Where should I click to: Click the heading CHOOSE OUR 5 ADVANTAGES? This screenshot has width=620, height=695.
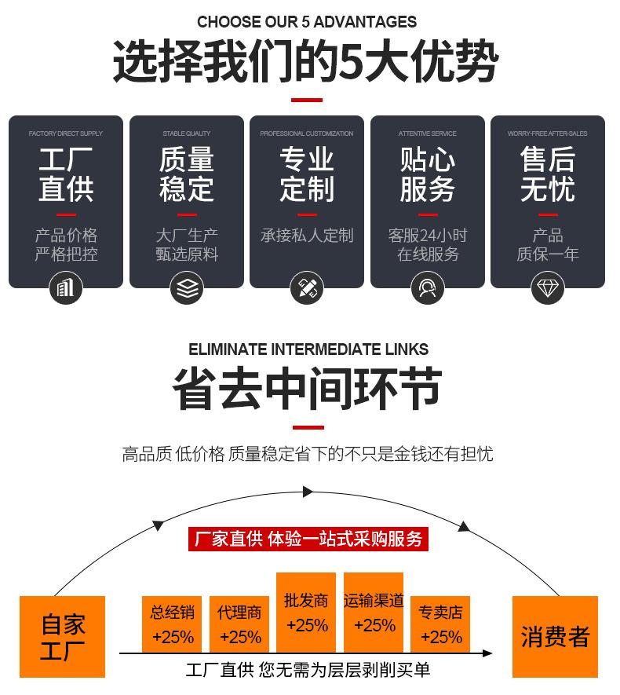pyautogui.click(x=307, y=22)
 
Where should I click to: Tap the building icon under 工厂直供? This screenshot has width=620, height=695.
pyautogui.click(x=66, y=288)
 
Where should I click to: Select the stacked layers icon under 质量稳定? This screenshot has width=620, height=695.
pyautogui.click(x=187, y=288)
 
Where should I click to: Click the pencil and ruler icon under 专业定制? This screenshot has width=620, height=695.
pyautogui.click(x=307, y=288)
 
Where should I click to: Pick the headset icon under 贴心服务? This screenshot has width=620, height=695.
pyautogui.click(x=428, y=288)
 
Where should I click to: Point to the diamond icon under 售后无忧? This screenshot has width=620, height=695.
pyautogui.click(x=548, y=288)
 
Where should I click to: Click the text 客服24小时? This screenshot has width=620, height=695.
pyautogui.click(x=428, y=235)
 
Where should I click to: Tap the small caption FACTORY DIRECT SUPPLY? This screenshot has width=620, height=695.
pyautogui.click(x=66, y=134)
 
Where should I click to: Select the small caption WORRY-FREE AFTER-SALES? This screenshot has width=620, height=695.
pyautogui.click(x=548, y=134)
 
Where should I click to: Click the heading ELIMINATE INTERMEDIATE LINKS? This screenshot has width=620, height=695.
pyautogui.click(x=308, y=349)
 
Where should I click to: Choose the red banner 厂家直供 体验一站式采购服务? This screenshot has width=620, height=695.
pyautogui.click(x=308, y=539)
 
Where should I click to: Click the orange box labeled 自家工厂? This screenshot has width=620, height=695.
pyautogui.click(x=63, y=637)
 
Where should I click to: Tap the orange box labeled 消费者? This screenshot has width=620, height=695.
pyautogui.click(x=555, y=637)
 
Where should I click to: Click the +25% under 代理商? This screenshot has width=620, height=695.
pyautogui.click(x=240, y=637)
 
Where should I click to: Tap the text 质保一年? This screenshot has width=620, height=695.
pyautogui.click(x=548, y=254)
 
